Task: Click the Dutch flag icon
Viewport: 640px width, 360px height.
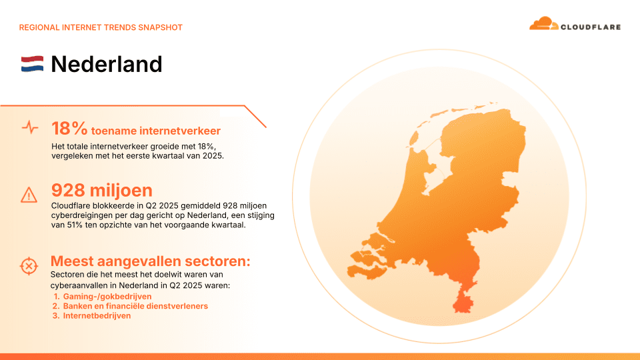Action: click(32, 64)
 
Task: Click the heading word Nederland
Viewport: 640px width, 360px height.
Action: click(107, 64)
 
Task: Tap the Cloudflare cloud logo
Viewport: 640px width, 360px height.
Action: click(543, 24)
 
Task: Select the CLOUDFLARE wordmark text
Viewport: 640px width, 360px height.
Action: click(591, 27)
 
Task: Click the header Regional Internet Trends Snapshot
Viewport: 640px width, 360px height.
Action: click(101, 27)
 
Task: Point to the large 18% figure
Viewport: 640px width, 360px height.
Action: click(69, 129)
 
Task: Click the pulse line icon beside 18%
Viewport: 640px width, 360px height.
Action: click(29, 127)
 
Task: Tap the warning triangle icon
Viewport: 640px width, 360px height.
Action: click(29, 194)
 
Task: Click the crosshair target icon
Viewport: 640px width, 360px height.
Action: click(29, 266)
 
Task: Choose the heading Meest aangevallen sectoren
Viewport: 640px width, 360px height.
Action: click(150, 261)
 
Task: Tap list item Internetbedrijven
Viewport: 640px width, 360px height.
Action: click(97, 315)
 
